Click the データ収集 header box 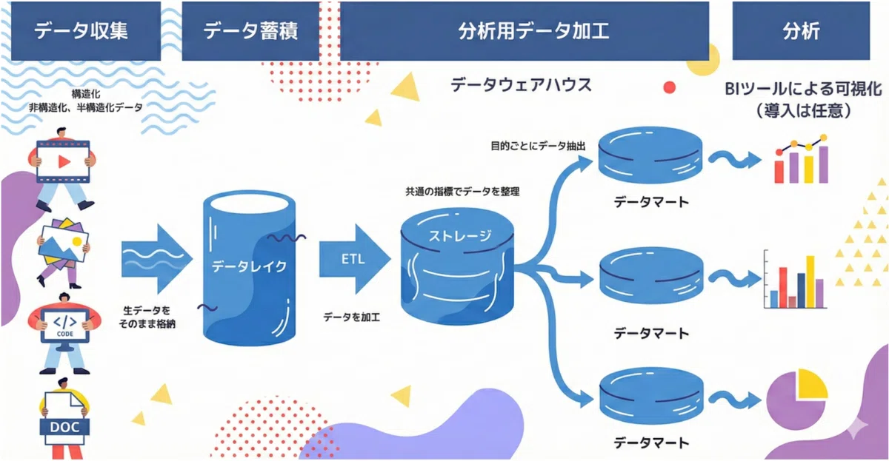[x=86, y=31]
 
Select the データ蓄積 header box [x=250, y=31]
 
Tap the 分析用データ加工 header [x=525, y=31]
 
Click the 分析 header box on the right [x=801, y=31]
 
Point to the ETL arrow [x=354, y=259]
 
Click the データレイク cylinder [x=249, y=268]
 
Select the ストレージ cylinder [x=457, y=266]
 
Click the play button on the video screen [x=64, y=161]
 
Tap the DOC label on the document [x=64, y=427]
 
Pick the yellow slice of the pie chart [x=812, y=384]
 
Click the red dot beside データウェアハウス [x=669, y=87]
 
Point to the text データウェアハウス [x=521, y=85]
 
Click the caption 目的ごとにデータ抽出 [x=538, y=147]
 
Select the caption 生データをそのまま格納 [x=147, y=317]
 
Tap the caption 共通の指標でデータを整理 [x=462, y=192]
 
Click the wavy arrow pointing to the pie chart [x=734, y=400]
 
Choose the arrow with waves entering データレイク [x=157, y=259]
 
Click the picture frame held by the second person [x=64, y=243]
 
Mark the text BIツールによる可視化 [x=803, y=90]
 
